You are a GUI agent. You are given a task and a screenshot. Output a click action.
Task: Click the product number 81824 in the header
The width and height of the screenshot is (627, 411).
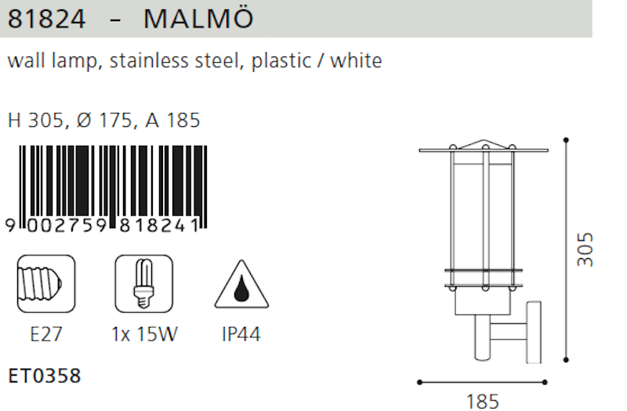[46, 19]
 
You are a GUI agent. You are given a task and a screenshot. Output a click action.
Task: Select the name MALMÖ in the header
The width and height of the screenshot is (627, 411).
[198, 17]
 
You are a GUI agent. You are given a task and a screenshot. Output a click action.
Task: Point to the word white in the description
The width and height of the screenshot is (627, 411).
[356, 61]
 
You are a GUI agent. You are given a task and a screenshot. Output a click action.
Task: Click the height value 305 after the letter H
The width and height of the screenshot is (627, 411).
[46, 120]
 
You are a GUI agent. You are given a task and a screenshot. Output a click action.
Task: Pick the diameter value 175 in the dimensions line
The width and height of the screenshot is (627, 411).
[116, 120]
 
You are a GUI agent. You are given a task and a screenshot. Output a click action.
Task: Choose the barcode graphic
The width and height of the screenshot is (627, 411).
[107, 188]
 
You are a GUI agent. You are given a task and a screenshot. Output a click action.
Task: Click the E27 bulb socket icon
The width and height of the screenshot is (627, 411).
[46, 284]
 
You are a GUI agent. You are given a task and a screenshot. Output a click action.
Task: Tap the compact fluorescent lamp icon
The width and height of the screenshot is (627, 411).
[144, 284]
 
